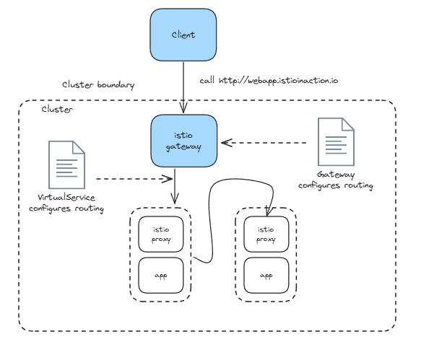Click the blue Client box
pos(183,35)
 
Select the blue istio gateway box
pos(183,141)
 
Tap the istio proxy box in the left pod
pos(161,234)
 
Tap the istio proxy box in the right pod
pos(266,234)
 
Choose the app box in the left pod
pos(161,276)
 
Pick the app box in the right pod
pos(266,276)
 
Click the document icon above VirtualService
pos(67,165)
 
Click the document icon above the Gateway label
pos(337,142)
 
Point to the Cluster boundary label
pos(98,84)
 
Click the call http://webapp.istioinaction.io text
pos(269,81)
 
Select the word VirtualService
pos(66,198)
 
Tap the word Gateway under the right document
pos(336,175)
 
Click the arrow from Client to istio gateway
pos(183,87)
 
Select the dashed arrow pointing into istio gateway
pos(264,143)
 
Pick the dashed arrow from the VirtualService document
pos(134,179)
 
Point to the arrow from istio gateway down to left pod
pos(175,186)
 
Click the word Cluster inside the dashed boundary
pos(57,109)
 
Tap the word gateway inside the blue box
pos(183,147)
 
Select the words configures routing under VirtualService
pos(66,208)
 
